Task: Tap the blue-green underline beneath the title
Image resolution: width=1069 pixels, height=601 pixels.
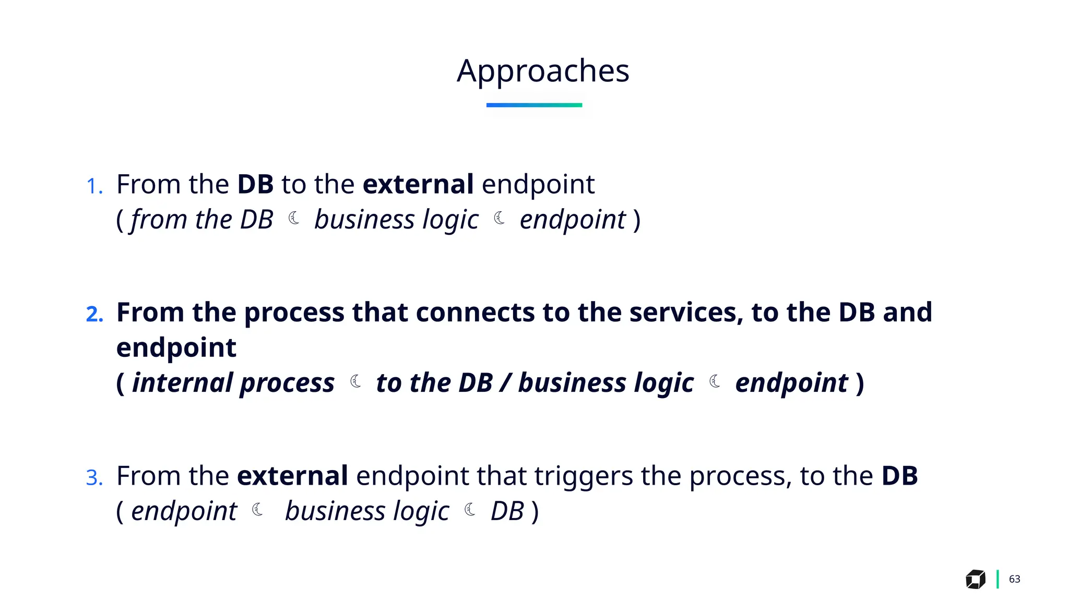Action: tap(534, 105)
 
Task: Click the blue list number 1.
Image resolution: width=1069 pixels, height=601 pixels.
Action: tap(94, 186)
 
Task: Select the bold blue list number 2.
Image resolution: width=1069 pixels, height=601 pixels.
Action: tap(94, 314)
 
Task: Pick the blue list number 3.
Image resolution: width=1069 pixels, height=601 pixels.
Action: tap(94, 478)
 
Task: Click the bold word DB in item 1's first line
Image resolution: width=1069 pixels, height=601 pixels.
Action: tap(255, 184)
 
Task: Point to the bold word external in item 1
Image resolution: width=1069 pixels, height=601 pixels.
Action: tap(418, 184)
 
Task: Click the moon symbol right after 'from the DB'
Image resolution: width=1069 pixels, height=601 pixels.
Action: tap(294, 218)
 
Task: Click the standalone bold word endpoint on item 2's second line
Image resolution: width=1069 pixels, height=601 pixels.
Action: tap(176, 347)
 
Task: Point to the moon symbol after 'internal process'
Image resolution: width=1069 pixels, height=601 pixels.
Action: tap(356, 381)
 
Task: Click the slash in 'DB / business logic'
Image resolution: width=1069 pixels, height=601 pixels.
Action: tap(505, 382)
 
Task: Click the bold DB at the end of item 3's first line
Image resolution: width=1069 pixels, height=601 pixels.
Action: tap(899, 476)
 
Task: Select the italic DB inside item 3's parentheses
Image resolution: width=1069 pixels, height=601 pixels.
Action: tap(507, 511)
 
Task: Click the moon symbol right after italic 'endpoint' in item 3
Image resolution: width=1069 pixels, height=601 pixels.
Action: tap(258, 509)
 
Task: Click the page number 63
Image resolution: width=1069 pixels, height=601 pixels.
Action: tap(1014, 579)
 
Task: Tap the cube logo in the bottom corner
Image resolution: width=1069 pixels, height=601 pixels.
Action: tap(975, 579)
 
